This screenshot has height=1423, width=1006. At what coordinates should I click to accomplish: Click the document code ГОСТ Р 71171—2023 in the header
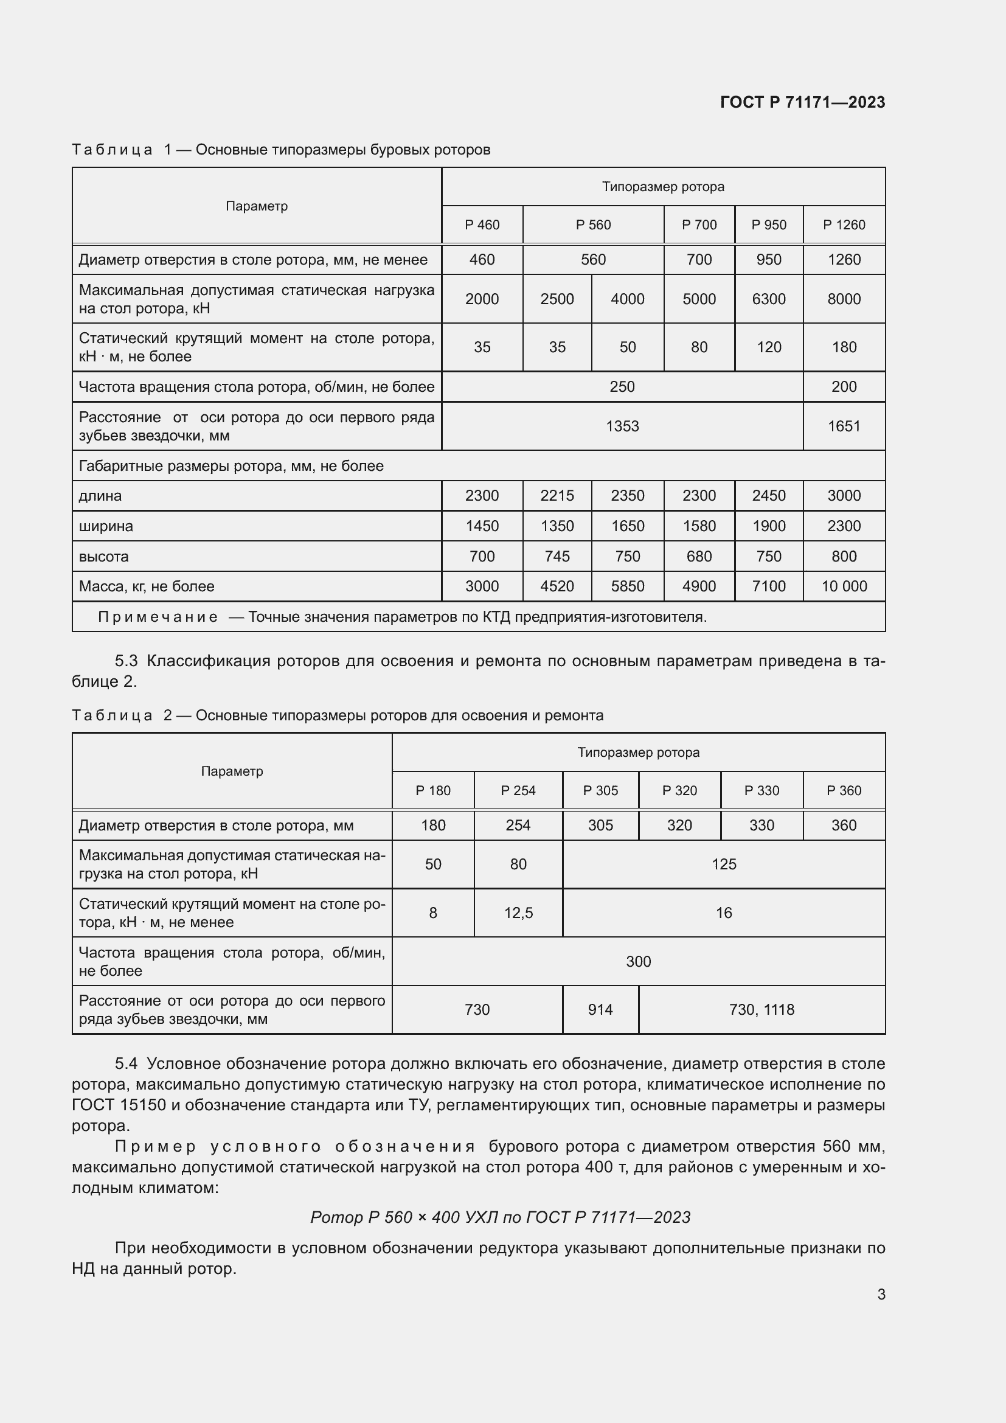[x=802, y=102]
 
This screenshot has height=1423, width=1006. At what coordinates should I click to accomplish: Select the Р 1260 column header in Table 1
[x=844, y=225]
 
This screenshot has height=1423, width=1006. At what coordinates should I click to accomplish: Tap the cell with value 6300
[x=768, y=299]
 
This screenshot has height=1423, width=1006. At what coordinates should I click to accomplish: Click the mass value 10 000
[x=844, y=586]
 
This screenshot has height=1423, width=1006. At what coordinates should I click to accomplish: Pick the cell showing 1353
[x=622, y=426]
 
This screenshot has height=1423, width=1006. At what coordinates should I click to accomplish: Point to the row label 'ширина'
[x=106, y=526]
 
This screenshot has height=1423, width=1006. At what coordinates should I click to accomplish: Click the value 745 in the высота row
[x=557, y=557]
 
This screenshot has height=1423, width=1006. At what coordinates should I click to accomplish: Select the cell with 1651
[x=844, y=426]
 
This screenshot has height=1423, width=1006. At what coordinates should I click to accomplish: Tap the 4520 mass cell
[x=557, y=586]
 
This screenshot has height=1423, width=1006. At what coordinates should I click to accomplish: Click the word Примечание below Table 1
[x=158, y=618]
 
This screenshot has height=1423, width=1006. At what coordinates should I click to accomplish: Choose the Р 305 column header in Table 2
[x=600, y=791]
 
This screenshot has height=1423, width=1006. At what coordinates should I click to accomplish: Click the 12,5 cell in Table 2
[x=518, y=913]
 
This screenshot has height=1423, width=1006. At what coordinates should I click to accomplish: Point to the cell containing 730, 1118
[x=761, y=1010]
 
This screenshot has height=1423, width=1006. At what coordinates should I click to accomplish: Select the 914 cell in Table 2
[x=600, y=1010]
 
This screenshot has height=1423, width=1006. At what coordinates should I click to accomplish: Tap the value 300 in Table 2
[x=638, y=961]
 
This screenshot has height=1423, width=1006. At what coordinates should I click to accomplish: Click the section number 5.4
[x=126, y=1063]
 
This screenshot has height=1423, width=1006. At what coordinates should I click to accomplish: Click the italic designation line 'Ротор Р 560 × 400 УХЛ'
[x=500, y=1217]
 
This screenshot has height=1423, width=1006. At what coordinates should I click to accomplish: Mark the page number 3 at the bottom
[x=881, y=1295]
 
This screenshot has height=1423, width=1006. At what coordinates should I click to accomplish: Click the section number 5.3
[x=126, y=661]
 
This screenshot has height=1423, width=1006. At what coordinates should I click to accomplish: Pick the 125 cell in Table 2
[x=724, y=865]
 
